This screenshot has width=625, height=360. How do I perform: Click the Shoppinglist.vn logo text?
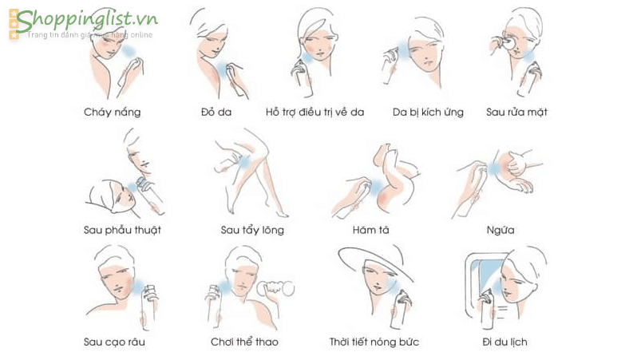point(87,21)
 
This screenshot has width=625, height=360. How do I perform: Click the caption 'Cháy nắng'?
point(113,112)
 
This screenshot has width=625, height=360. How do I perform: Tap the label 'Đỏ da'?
point(216,112)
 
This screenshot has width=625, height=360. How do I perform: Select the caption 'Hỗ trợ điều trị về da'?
point(314,112)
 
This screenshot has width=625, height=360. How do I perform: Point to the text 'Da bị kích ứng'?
point(428,112)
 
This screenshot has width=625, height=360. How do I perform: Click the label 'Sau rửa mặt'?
point(516,112)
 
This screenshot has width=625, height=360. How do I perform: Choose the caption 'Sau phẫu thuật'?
point(122,230)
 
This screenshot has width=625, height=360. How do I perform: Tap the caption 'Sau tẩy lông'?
point(252,230)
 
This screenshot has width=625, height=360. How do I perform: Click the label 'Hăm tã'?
point(370,230)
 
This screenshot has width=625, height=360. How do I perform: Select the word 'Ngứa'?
point(500,230)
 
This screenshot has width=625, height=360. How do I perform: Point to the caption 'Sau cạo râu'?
point(114,342)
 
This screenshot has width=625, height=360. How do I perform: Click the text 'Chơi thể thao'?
point(244,342)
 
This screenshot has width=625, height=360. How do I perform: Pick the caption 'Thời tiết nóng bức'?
point(374,342)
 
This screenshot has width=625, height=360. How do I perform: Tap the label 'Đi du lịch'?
point(504,342)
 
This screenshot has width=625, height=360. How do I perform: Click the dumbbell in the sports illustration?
point(275,288)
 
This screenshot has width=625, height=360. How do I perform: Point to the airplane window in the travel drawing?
point(485,279)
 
